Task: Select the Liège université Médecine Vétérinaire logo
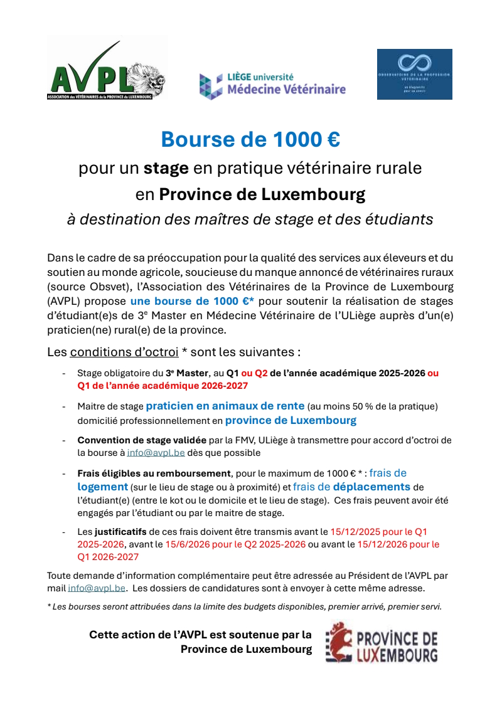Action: pos(272,85)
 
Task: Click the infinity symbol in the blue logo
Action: pos(414,63)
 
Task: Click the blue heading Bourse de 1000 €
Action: pos(250,139)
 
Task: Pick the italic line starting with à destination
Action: pos(250,219)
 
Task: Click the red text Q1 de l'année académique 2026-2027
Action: pos(163,385)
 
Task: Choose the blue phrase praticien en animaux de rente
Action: pos(225,406)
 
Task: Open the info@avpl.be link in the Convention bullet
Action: pos(152,452)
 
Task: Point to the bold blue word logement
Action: pos(103,487)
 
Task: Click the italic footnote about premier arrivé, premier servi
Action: pos(245,606)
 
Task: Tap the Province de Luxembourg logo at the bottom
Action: pos(382,643)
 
